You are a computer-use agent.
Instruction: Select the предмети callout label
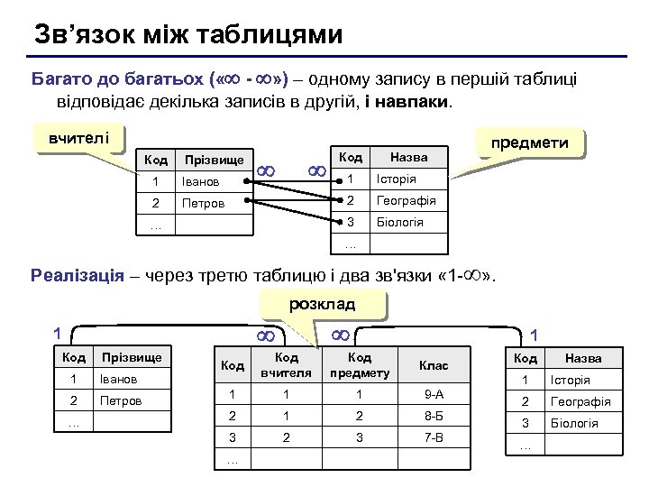click(528, 142)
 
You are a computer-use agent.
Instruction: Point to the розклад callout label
click(322, 304)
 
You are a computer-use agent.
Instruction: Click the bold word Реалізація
click(77, 275)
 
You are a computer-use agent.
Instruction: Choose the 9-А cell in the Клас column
click(434, 394)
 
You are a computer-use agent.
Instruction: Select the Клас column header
click(434, 365)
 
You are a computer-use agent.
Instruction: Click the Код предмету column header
click(360, 365)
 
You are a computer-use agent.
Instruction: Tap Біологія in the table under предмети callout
click(399, 223)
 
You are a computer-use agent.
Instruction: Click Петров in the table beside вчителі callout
click(201, 203)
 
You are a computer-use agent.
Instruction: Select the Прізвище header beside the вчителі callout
click(214, 160)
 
